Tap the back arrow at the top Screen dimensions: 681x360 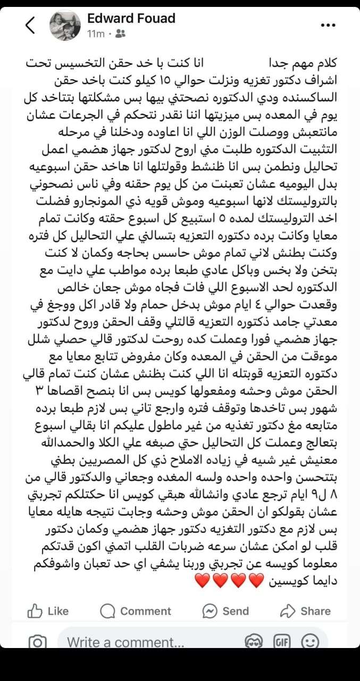tap(30, 26)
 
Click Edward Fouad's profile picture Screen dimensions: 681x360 tap(65, 25)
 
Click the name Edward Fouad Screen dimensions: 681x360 tap(131, 19)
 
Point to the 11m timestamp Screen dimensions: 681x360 tap(96, 34)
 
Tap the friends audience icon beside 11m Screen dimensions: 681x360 tap(120, 34)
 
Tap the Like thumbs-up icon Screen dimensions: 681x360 tap(35, 611)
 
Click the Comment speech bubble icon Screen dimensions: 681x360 tap(108, 611)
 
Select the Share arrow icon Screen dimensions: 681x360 tap(288, 611)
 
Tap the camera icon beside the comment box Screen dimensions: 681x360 tap(37, 642)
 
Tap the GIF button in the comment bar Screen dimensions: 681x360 tap(282, 642)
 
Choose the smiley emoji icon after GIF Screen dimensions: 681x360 tap(309, 642)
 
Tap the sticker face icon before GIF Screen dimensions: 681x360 tap(254, 642)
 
